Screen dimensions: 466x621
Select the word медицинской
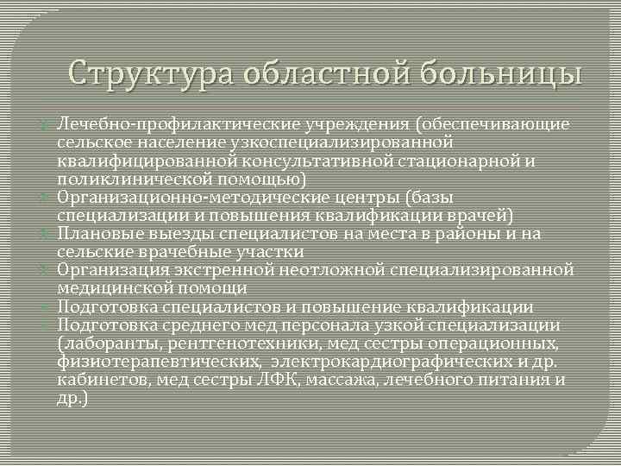[110, 288]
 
